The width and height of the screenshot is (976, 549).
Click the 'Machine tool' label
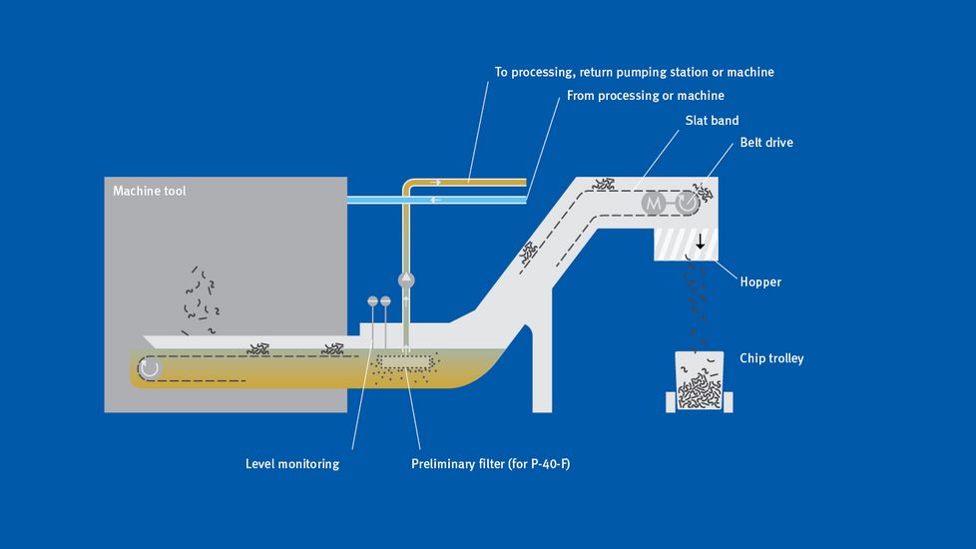point(150,191)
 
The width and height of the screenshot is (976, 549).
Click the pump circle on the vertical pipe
point(405,280)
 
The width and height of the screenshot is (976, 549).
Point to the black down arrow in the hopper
point(701,242)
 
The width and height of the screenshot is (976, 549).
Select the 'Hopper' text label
point(760,281)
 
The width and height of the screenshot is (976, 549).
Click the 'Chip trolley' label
point(771,358)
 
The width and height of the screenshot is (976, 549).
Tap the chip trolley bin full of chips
point(700,382)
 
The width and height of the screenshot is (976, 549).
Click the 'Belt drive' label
point(766,143)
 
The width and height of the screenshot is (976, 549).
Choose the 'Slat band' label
point(712,121)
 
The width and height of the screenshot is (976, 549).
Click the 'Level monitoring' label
point(292,463)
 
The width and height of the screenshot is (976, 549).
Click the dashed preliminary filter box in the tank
point(405,359)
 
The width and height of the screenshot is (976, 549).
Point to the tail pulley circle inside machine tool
point(150,368)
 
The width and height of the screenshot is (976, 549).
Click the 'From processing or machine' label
point(645,96)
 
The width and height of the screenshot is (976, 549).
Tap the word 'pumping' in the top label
point(660,72)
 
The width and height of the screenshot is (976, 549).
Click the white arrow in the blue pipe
point(436,200)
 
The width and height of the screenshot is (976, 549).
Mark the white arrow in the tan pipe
point(435,182)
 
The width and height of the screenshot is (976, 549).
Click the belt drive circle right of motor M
point(688,204)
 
